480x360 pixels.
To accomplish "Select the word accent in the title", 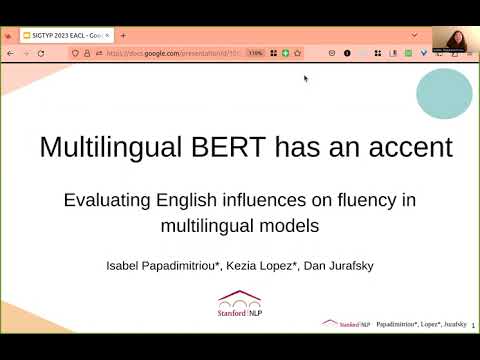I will coord(405,148).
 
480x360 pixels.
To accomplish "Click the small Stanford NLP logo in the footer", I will coord(343,324).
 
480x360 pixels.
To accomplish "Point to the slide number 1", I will coord(472,325).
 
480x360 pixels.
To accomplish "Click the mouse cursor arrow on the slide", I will coord(306,78).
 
